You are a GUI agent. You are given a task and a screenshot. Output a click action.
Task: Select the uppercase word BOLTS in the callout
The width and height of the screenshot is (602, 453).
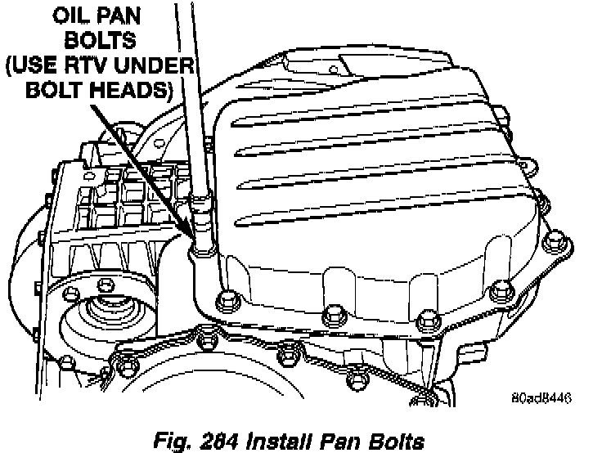[x=99, y=41]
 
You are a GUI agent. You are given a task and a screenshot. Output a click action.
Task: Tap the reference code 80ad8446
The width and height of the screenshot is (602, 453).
[x=541, y=399]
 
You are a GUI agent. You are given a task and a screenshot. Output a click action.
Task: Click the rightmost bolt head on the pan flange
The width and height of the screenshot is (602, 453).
[x=554, y=241]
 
